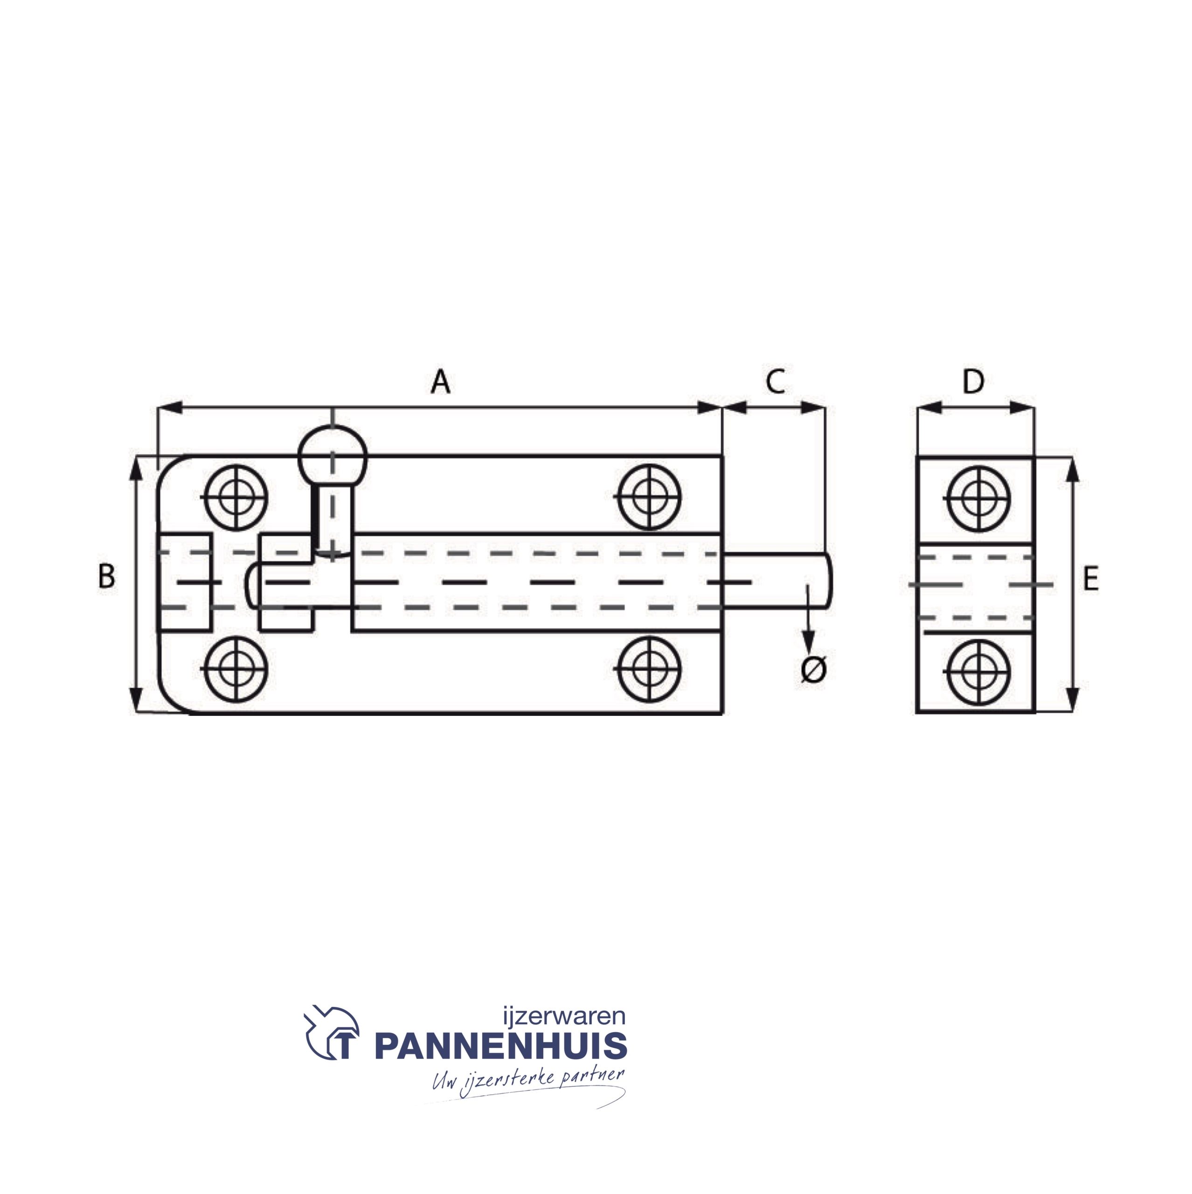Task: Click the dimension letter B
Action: click(106, 576)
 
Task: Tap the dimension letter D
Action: click(973, 382)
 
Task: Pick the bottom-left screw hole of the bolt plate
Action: click(236, 669)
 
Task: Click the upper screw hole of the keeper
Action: click(979, 498)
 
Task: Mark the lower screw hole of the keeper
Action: click(979, 672)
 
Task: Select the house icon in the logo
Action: click(332, 1033)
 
